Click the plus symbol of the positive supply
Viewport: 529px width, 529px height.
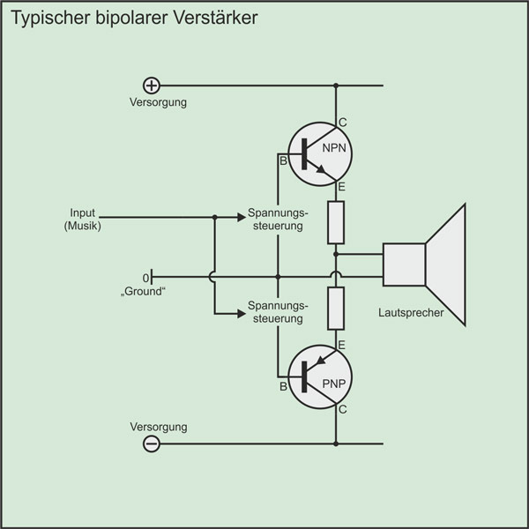pos(152,86)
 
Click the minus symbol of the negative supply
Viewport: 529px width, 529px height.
pos(152,444)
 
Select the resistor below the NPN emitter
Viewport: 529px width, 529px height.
pos(336,222)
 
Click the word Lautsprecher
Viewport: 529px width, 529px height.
pos(410,313)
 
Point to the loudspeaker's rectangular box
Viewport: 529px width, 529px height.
pos(404,264)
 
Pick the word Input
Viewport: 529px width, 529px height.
pos(83,213)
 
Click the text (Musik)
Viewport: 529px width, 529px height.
pos(83,227)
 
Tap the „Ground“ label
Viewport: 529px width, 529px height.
pos(145,291)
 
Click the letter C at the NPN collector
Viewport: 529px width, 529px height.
pos(343,122)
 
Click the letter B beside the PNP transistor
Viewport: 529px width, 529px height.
pos(283,386)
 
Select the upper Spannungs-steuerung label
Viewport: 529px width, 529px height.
pos(277,220)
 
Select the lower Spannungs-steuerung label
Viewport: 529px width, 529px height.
pos(277,311)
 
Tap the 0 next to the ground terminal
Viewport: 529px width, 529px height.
pos(145,277)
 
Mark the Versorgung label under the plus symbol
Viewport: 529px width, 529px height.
pos(158,102)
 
